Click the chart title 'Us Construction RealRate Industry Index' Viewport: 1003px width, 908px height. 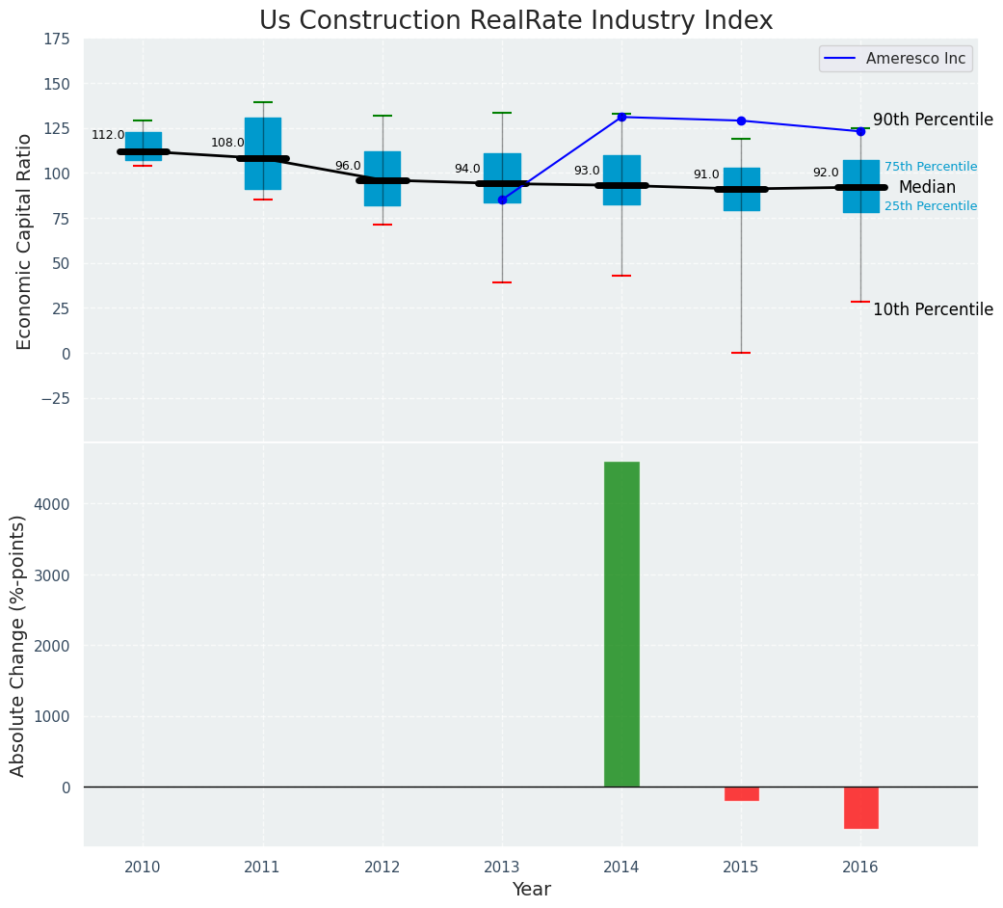click(x=515, y=21)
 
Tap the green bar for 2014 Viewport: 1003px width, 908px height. click(x=621, y=624)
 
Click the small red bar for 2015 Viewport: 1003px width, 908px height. click(x=741, y=793)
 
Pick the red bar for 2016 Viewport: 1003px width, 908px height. click(x=860, y=808)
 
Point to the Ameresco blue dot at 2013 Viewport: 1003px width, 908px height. click(x=502, y=200)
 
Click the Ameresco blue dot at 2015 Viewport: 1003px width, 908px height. click(x=741, y=120)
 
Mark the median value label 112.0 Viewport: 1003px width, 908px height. click(x=108, y=136)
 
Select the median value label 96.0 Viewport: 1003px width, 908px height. click(x=348, y=166)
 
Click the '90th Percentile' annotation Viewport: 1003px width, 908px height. click(x=932, y=120)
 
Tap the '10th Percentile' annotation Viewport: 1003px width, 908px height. click(x=932, y=310)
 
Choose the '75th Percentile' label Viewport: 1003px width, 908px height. click(x=930, y=168)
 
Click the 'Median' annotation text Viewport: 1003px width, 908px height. click(x=927, y=188)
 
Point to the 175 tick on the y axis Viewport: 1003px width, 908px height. click(x=56, y=40)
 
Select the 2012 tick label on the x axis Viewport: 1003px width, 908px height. click(x=382, y=868)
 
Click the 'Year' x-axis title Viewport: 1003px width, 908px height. click(x=531, y=890)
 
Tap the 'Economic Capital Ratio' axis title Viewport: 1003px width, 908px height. click(x=25, y=241)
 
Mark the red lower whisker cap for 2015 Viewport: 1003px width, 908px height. click(x=741, y=353)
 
